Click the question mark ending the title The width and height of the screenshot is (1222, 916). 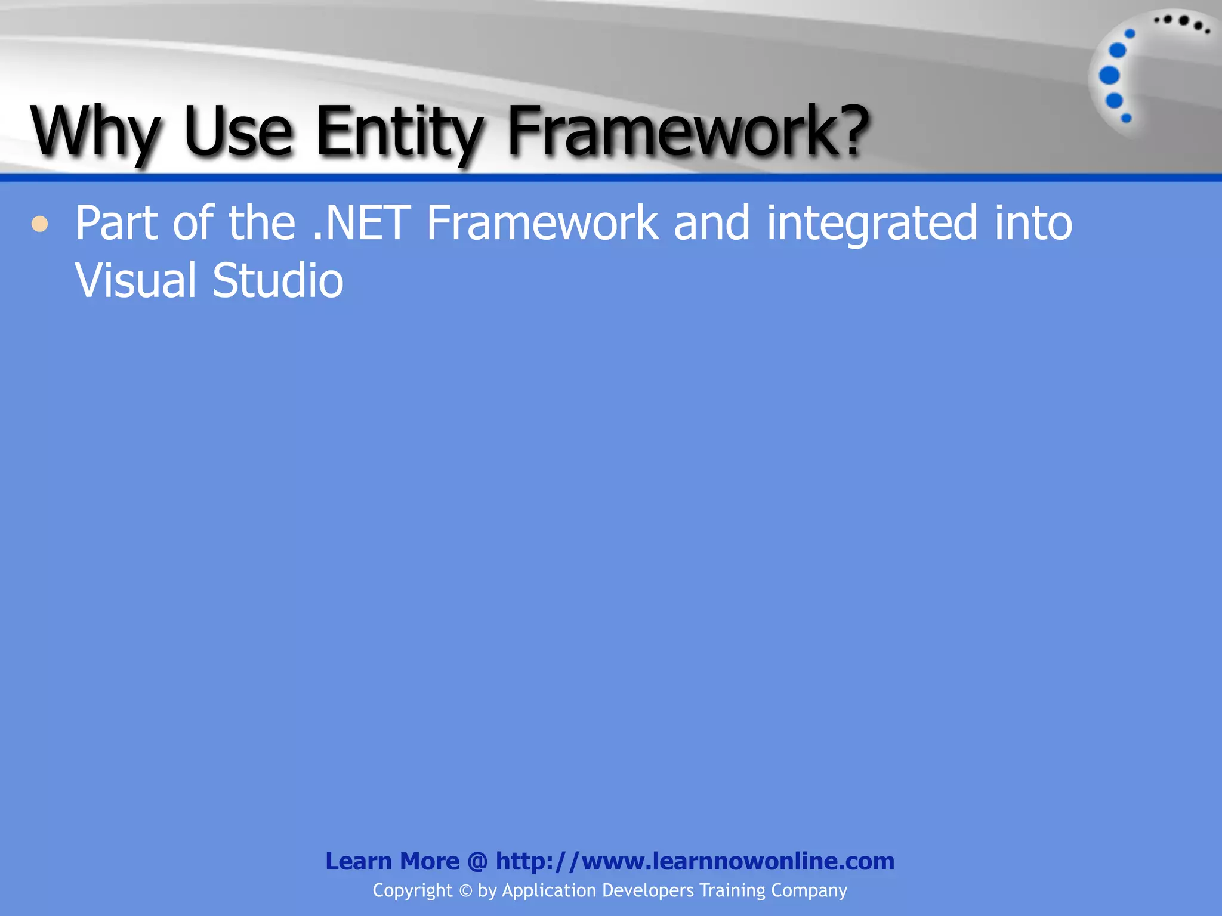point(847,128)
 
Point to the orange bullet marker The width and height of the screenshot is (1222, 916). point(40,224)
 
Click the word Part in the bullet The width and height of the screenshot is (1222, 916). point(116,223)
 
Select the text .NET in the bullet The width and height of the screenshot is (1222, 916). point(362,223)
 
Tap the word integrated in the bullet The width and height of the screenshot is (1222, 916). point(872,223)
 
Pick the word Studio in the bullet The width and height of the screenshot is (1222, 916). point(278,280)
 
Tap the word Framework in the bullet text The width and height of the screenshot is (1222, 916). point(542,223)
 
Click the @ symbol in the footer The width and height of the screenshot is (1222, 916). point(477,861)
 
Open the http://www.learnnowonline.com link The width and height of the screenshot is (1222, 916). point(695,861)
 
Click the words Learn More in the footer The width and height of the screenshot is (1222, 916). point(392,861)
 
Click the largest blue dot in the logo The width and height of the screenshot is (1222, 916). point(1109,76)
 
